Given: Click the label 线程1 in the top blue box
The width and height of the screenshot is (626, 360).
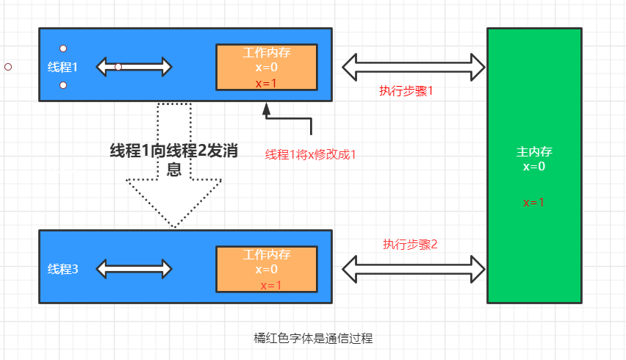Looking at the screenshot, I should coord(62,67).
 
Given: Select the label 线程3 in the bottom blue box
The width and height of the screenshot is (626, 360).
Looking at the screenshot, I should coord(62,269).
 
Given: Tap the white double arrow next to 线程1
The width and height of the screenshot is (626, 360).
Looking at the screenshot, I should coord(134,67).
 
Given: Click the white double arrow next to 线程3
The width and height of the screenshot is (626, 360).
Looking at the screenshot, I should coord(134,269).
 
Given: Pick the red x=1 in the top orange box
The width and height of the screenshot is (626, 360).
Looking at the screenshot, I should coord(266,83).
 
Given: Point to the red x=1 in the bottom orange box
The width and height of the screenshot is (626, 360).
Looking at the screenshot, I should coord(271,285).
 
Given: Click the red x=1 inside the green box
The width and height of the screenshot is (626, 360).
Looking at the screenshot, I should coord(533,202).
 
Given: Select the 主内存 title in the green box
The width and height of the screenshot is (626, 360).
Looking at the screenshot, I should coord(534,152).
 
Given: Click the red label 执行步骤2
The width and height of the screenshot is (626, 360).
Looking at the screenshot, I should coord(410,244).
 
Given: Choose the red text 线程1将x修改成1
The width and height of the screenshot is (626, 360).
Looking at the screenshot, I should coord(310,155).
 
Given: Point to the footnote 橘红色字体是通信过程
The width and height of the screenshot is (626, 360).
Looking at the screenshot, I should coord(313,338).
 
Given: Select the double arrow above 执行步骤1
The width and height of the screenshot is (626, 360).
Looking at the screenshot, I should coord(414,68).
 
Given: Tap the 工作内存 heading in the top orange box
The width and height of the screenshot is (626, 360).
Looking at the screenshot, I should coord(266,53).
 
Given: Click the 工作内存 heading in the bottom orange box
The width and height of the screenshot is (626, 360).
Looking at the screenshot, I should coord(266,254).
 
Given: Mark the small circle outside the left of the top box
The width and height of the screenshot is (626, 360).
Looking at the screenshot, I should coord(8,67).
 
